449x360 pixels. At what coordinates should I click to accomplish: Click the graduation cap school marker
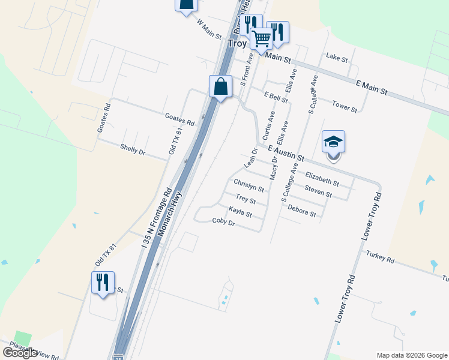click(334, 143)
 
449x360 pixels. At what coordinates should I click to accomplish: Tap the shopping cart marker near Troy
click(262, 38)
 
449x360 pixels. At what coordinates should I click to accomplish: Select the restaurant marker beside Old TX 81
click(101, 282)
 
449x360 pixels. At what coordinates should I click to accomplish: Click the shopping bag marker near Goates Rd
click(221, 86)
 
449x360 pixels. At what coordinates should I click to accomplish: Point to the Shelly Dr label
click(133, 149)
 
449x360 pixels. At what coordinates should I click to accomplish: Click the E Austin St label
click(286, 152)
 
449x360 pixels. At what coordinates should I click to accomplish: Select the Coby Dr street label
click(223, 222)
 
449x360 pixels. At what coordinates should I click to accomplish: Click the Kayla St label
click(240, 212)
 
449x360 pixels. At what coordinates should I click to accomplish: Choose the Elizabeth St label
click(322, 178)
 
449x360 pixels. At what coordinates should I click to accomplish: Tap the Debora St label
click(301, 209)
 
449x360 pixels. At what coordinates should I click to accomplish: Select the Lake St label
click(337, 58)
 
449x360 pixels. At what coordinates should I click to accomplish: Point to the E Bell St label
click(276, 96)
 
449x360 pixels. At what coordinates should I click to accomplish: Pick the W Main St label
click(210, 28)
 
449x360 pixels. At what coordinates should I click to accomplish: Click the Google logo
click(20, 353)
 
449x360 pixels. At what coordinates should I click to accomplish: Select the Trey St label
click(246, 199)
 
